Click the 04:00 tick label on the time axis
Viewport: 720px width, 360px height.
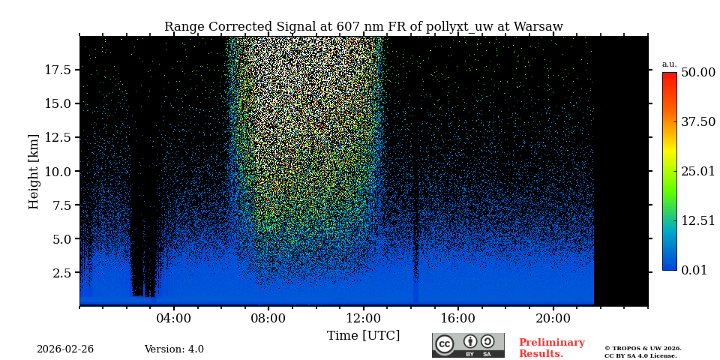[x=174, y=318]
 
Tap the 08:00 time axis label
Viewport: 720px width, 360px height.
[x=268, y=318]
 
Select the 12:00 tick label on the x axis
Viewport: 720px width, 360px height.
[x=364, y=318]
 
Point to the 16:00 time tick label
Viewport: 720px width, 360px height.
[x=458, y=318]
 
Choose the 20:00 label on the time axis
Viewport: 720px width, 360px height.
[x=553, y=318]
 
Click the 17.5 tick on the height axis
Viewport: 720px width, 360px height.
[x=58, y=70]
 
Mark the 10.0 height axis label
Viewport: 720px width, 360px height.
[x=58, y=171]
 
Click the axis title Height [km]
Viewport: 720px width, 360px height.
[x=34, y=171]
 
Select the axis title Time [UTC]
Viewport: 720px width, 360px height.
[x=364, y=335]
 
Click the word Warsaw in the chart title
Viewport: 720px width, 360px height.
[x=536, y=27]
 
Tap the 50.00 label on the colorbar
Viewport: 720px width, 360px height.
[x=698, y=72]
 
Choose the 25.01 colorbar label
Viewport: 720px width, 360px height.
[x=698, y=171]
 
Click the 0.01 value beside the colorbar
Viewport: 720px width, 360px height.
[x=694, y=270]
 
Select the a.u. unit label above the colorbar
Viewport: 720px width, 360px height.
[x=669, y=64]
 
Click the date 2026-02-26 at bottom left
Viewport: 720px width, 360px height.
[x=65, y=349]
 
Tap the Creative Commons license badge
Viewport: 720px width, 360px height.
[x=468, y=345]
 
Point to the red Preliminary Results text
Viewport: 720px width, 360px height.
[x=551, y=348]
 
